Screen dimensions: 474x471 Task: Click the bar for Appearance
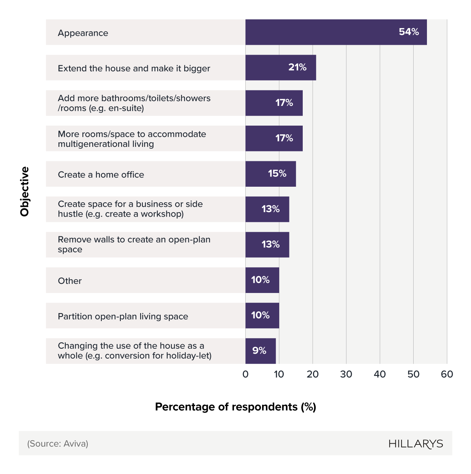click(x=336, y=32)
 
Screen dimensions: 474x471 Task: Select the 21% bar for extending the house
click(x=280, y=68)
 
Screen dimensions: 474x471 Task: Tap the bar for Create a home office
click(x=270, y=174)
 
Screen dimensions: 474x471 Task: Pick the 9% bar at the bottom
click(x=261, y=351)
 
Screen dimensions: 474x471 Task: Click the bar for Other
click(x=262, y=280)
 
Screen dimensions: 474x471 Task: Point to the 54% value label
click(x=409, y=32)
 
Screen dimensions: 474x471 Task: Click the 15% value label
click(x=277, y=173)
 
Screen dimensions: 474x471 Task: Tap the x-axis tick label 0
click(x=245, y=375)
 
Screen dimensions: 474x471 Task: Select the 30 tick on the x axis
click(x=346, y=375)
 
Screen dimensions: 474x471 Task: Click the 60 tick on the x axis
click(x=447, y=375)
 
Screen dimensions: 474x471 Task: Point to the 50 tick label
click(x=413, y=375)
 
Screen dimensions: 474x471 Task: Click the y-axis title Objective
click(x=25, y=192)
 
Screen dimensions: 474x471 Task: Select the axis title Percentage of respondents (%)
click(x=235, y=407)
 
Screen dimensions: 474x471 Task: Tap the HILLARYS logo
click(x=416, y=444)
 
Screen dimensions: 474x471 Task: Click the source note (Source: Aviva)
click(x=58, y=444)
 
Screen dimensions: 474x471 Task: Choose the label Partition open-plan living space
click(x=123, y=317)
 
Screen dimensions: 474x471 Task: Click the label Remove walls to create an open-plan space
click(x=134, y=244)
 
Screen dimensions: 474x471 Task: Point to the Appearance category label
click(x=83, y=33)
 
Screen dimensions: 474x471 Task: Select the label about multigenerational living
click(x=131, y=139)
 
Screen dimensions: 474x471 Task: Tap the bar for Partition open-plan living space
click(x=262, y=315)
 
